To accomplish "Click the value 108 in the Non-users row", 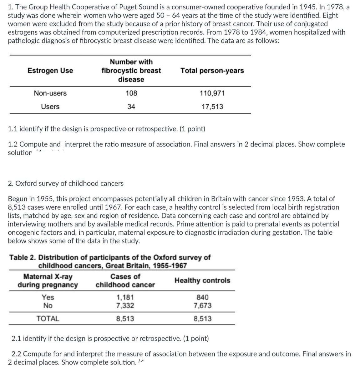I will coord(131,93).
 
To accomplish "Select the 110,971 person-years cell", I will coord(212,93).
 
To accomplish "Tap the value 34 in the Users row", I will coord(131,107).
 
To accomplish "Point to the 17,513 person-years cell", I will coord(212,107).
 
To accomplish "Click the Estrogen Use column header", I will coord(50,71).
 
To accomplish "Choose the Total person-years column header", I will coord(212,71).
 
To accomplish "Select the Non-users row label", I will coord(50,93).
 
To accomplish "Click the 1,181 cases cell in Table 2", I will coord(125,297).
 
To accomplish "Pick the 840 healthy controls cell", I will coord(202,297).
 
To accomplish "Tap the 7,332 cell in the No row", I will coord(125,306).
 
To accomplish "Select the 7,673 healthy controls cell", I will coord(202,306).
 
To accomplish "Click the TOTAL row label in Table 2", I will coord(48,319).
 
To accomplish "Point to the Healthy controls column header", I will coord(202,281).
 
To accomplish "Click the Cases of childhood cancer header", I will coord(125,281).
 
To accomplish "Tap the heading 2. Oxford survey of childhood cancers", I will coord(66,183).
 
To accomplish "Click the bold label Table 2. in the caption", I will coord(23,257).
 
